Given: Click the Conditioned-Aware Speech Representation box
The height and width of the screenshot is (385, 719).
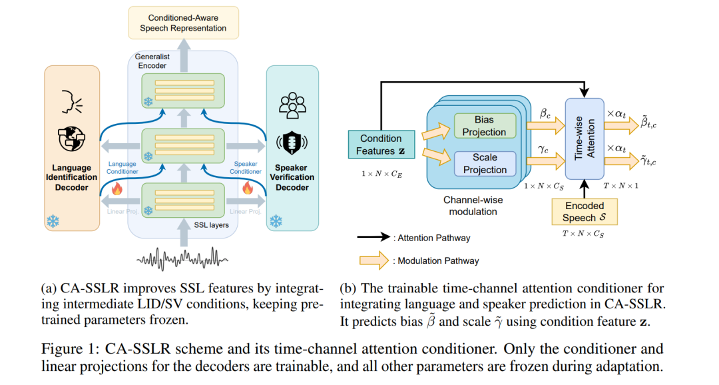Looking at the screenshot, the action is (x=184, y=23).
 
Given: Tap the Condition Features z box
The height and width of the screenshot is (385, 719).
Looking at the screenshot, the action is (x=381, y=145).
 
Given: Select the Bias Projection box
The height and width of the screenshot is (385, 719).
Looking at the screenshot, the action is (x=485, y=126).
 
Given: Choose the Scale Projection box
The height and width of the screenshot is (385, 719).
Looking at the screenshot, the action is (x=485, y=163).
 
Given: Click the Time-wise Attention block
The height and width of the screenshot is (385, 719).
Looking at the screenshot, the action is (x=585, y=139).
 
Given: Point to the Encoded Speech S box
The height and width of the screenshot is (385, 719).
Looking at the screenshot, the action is (x=585, y=212).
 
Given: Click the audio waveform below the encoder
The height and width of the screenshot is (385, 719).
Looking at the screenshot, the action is (x=182, y=260).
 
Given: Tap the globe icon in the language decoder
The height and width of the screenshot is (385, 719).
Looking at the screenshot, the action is (x=71, y=139).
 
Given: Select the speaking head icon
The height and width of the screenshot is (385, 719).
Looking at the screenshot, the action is (x=72, y=101).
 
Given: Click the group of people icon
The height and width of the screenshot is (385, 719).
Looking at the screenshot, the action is (x=292, y=106).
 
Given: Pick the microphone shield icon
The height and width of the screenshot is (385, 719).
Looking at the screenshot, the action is (x=292, y=143).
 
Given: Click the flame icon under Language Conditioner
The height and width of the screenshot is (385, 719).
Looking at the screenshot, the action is (x=117, y=189).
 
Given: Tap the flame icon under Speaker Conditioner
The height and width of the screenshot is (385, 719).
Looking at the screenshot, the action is (x=248, y=188).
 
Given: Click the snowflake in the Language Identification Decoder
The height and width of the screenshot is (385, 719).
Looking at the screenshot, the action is (x=53, y=221).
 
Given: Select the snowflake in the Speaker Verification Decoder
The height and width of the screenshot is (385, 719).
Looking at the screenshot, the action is (x=276, y=221).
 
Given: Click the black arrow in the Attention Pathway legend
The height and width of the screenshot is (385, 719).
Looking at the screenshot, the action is (x=373, y=236).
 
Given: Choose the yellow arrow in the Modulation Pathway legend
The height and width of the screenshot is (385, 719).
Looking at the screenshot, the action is (x=374, y=260).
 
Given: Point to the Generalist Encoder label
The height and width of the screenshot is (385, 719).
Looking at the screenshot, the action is (x=152, y=61).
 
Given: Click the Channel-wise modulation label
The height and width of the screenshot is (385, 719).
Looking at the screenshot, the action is (x=473, y=206).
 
